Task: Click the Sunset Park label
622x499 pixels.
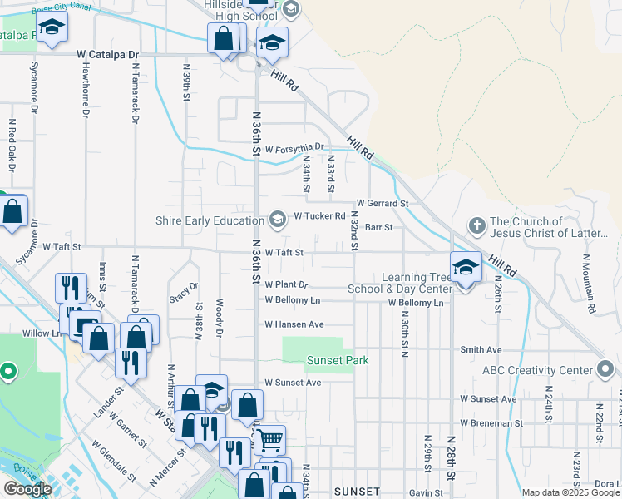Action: click(337, 360)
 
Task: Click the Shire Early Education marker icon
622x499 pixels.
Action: click(277, 220)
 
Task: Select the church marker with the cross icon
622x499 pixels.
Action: click(476, 225)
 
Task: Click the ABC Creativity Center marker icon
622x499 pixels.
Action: click(605, 368)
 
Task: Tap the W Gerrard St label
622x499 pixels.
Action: click(383, 203)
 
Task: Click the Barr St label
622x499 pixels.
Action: click(378, 226)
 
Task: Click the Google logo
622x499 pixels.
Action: click(27, 489)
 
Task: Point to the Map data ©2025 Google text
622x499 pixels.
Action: click(570, 492)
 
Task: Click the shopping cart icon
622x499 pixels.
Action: click(269, 440)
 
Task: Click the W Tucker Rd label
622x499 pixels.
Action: click(319, 216)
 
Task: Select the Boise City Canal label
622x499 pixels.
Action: click(62, 7)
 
